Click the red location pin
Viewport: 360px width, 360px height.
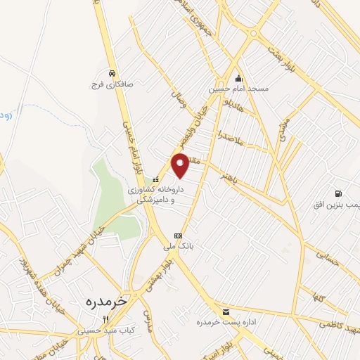tap(180, 165)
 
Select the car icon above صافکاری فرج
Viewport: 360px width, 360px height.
tap(111, 72)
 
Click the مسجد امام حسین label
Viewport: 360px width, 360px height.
tap(228, 89)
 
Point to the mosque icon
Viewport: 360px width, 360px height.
tap(238, 79)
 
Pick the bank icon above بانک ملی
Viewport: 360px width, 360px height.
tap(178, 236)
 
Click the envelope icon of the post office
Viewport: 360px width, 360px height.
tap(226, 311)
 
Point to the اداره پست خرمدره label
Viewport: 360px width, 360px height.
tap(224, 322)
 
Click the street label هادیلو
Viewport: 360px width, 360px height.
tap(231, 108)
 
